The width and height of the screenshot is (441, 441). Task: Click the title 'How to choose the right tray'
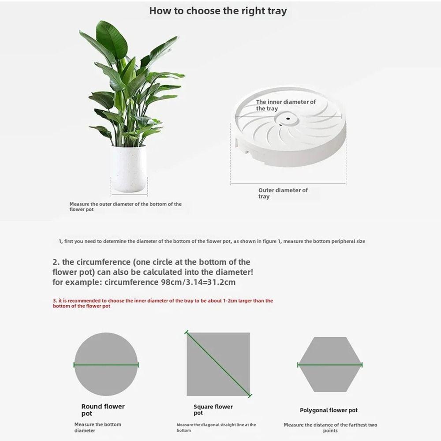point(218,11)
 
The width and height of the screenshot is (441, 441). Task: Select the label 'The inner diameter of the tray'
point(286,105)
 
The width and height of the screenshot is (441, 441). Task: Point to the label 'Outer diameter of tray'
point(283,193)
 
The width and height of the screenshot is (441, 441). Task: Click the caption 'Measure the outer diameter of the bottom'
point(125,206)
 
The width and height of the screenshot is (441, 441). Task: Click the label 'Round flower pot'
point(103,410)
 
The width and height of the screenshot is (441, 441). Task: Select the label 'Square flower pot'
point(213,410)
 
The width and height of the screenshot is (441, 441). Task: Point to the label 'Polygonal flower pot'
point(329,410)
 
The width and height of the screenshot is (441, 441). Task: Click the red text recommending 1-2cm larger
point(163,303)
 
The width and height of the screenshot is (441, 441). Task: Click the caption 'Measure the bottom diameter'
point(97,427)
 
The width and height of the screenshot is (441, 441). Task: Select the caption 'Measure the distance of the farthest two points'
point(330,428)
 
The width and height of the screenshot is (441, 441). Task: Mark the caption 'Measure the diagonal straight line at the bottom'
point(216,427)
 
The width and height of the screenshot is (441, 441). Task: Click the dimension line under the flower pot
point(129,194)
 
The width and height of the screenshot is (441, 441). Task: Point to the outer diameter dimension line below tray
point(288,183)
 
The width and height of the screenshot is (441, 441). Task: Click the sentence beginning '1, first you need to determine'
point(212,241)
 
